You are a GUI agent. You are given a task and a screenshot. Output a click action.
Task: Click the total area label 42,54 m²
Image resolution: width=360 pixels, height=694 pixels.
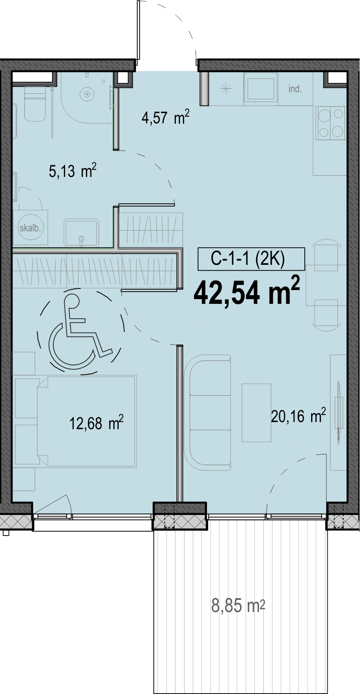point(247,292)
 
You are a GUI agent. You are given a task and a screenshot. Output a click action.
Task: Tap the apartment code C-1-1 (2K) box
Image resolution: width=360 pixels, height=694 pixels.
point(251,259)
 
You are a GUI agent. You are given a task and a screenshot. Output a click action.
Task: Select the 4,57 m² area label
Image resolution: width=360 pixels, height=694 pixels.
point(166,117)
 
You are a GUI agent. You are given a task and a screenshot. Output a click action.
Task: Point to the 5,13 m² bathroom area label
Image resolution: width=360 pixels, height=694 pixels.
point(73,171)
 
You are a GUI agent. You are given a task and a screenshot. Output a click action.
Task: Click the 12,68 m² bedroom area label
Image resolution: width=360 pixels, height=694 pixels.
point(97,423)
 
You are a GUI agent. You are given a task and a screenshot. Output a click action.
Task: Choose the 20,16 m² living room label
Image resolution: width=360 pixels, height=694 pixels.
point(298,416)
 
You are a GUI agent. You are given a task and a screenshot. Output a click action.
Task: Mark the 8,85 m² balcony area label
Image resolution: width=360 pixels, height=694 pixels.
point(238,605)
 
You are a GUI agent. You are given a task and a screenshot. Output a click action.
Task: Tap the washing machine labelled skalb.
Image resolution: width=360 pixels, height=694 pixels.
point(30,227)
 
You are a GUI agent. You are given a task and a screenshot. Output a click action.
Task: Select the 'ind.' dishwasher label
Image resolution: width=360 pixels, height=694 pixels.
point(295,89)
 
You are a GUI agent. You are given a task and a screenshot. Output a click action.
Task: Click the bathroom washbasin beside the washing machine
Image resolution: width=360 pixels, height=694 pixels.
point(82,233)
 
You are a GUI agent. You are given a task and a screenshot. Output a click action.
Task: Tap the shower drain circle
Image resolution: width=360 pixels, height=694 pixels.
point(87,94)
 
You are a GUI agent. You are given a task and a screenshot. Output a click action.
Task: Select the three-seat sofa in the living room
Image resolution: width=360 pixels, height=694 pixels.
point(207,412)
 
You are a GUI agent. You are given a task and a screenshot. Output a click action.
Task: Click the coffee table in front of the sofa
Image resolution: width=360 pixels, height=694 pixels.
point(256,413)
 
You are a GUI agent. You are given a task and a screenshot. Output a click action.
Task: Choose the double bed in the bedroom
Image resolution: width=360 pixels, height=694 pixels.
point(86,421)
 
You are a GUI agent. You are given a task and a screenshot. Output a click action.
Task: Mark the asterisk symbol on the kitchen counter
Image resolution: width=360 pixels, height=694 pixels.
point(226,89)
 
